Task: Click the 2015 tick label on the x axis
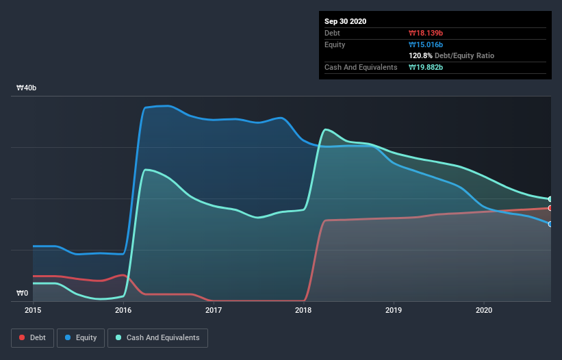[33, 310]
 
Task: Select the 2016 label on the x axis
[123, 310]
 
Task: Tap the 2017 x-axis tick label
[214, 310]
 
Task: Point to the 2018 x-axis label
[303, 310]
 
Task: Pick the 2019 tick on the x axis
[394, 310]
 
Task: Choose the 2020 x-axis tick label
[484, 310]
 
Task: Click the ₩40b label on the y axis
[27, 88]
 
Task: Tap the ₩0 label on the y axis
[23, 294]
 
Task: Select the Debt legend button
[31, 337]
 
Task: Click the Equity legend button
[81, 337]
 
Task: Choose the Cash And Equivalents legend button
[157, 337]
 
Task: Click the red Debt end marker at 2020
[550, 208]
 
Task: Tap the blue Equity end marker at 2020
[550, 224]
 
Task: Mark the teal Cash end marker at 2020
[550, 199]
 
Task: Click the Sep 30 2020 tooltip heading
[345, 21]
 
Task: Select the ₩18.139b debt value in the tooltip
[426, 33]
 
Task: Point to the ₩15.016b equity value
[426, 44]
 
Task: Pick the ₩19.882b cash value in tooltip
[426, 67]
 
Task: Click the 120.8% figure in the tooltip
[420, 55]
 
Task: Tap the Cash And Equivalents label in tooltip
[361, 67]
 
